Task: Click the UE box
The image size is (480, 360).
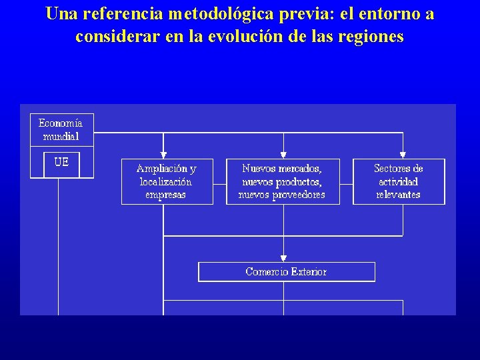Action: click(61, 163)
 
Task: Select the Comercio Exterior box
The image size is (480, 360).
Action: click(286, 272)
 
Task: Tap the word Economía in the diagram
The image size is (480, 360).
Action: click(61, 123)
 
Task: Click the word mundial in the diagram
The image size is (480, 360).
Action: click(61, 137)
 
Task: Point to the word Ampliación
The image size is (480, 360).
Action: click(162, 169)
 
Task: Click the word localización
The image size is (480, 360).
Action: click(166, 181)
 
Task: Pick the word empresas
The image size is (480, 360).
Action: click(165, 195)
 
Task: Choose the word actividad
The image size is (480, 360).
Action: click(398, 181)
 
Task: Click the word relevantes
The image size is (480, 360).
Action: click(398, 195)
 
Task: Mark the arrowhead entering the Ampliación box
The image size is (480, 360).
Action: click(163, 155)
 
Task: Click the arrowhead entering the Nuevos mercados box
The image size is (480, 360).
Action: click(283, 155)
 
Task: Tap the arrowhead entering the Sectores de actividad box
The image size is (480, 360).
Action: click(403, 155)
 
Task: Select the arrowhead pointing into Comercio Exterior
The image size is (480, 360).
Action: click(283, 259)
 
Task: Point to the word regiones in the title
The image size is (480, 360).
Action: click(371, 36)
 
